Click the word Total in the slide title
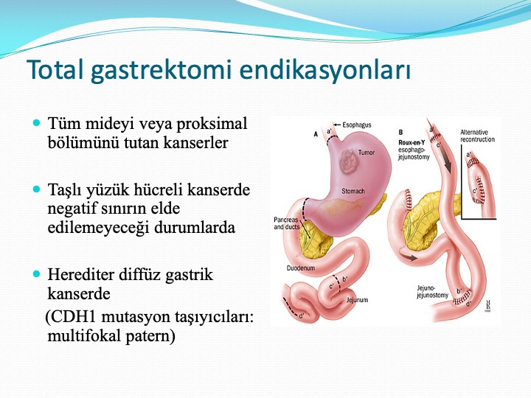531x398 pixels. tap(55, 70)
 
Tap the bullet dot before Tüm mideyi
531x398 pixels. tap(37, 122)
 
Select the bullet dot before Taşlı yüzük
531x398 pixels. tap(37, 189)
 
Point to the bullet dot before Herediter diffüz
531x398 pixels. tap(37, 273)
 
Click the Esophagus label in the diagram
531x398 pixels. tap(357, 125)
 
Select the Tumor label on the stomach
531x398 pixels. tap(366, 153)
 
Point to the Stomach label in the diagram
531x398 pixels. tap(353, 191)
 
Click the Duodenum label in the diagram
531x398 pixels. tap(301, 268)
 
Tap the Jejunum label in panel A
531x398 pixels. tap(357, 300)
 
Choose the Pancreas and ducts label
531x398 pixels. tap(286, 223)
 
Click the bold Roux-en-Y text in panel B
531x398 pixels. tap(412, 142)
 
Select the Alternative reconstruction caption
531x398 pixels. tap(477, 136)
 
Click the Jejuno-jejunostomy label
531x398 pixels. tap(432, 292)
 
